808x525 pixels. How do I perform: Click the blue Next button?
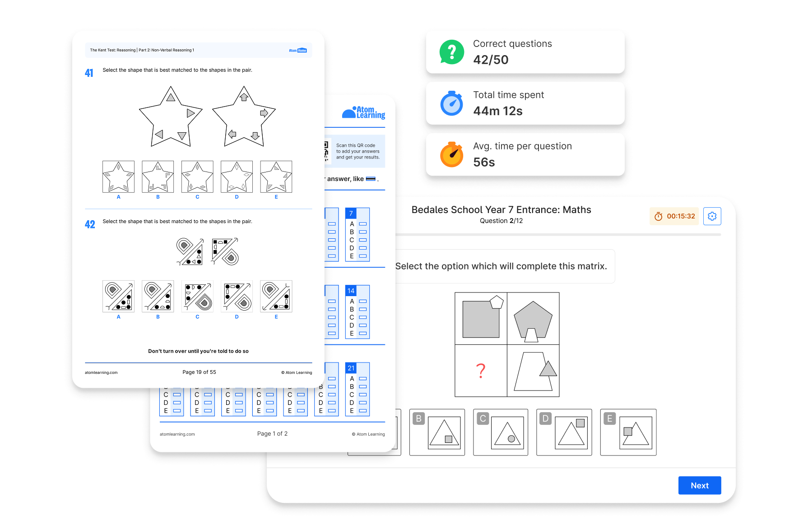(699, 485)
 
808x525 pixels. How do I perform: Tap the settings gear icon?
(712, 216)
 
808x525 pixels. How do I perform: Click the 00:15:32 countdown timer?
(674, 216)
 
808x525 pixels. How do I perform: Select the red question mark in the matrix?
(481, 371)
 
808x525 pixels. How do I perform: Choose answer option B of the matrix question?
(437, 432)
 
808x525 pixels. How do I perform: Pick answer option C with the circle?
(501, 432)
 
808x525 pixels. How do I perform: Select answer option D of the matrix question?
(564, 432)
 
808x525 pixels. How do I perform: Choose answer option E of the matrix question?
(628, 432)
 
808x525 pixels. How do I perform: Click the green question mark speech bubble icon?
(452, 52)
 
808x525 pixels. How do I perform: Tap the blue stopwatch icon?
(452, 103)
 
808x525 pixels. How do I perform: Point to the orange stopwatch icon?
(452, 154)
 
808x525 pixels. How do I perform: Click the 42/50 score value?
(491, 60)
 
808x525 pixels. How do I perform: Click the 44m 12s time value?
(498, 111)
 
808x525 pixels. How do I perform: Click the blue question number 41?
(89, 73)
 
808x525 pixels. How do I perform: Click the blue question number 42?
(90, 224)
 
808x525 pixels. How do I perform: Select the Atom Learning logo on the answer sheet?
(364, 112)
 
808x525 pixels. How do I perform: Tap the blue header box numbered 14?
(351, 291)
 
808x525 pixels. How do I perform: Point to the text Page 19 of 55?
(199, 372)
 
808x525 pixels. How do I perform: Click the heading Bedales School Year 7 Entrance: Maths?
(501, 210)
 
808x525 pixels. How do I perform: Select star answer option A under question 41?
(118, 177)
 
